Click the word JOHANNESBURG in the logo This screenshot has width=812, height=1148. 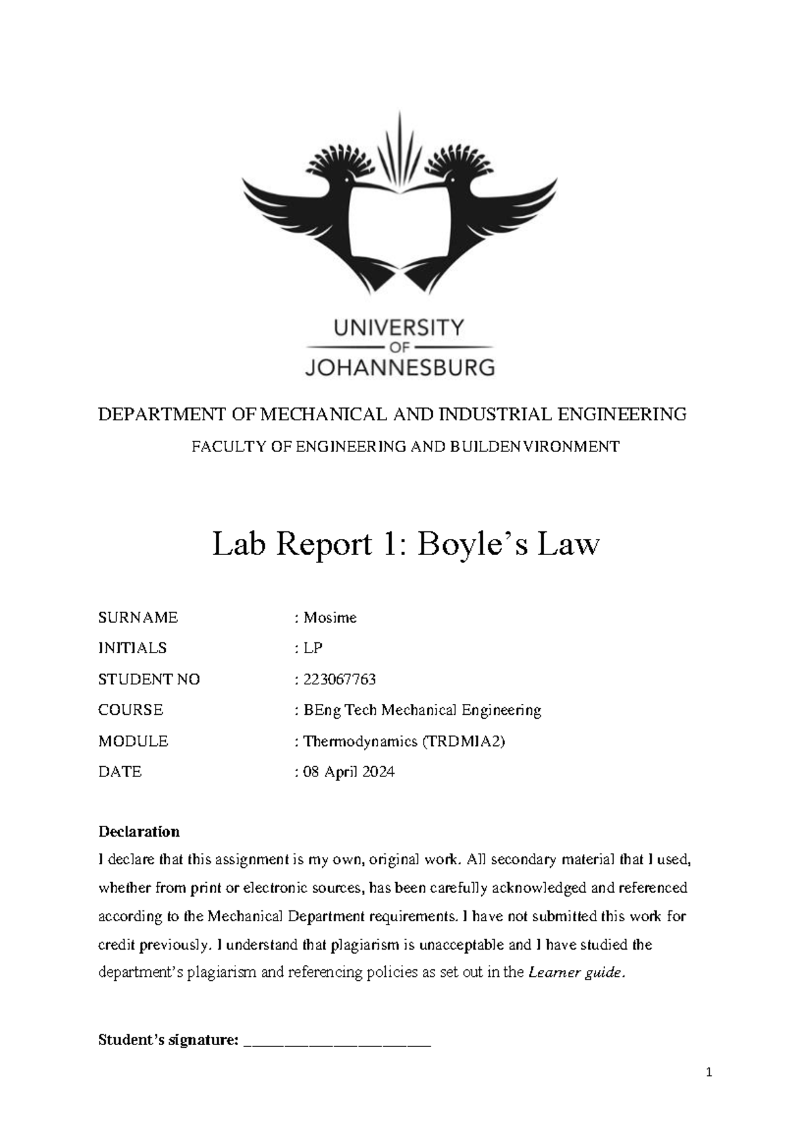400,368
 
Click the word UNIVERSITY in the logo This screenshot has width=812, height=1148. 399,328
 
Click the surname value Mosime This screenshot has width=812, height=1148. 330,617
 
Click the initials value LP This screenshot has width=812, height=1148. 313,648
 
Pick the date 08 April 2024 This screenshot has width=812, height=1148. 348,772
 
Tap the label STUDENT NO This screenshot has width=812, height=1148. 149,679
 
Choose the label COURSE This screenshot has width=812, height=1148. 131,710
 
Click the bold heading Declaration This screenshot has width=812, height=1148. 139,831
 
